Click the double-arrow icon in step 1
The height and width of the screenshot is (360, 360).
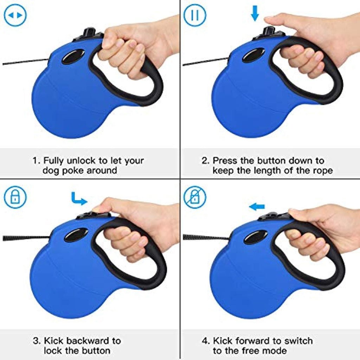point(15,15)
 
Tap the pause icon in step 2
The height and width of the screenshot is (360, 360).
point(195,15)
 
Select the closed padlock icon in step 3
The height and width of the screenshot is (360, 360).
point(15,197)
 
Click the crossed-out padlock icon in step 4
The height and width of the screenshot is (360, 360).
point(195,197)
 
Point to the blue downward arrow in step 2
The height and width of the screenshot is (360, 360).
point(255,13)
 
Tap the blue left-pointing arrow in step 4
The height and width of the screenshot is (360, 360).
point(257,207)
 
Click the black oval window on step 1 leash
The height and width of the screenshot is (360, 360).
point(73,57)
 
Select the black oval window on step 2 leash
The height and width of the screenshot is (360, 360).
point(253,55)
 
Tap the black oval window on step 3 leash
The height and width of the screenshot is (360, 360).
point(76,235)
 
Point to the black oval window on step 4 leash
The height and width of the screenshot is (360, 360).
point(256,237)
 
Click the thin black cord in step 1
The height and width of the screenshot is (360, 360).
point(25,62)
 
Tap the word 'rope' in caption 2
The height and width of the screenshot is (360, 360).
point(323,171)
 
